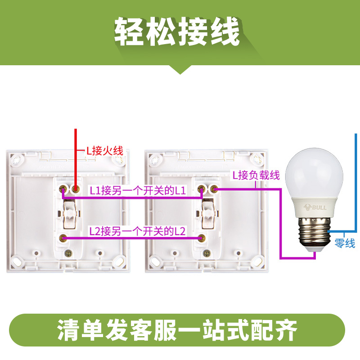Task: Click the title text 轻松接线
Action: click(177, 32)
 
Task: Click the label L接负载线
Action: click(256, 175)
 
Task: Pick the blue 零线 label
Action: click(345, 243)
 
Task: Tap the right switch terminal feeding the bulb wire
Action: click(215, 189)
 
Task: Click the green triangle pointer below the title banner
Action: click(180, 69)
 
